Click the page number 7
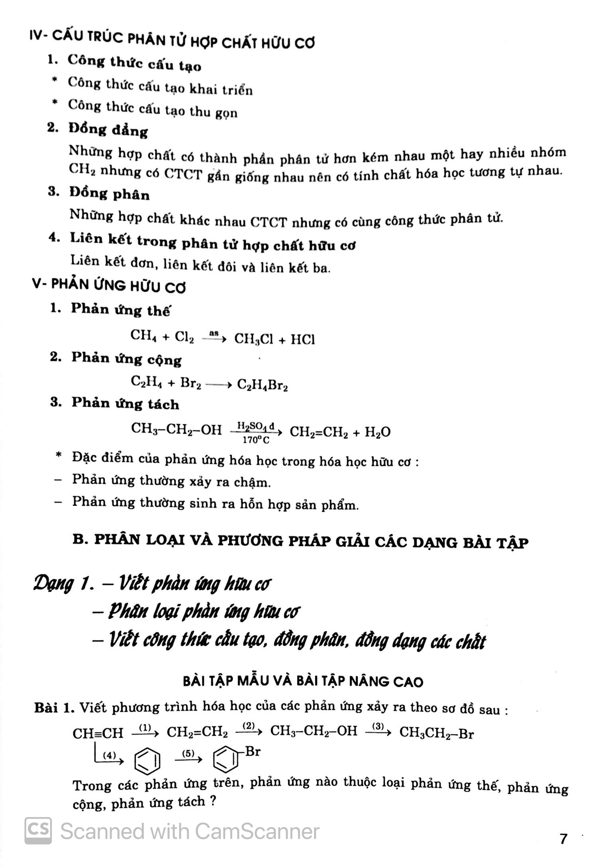pyautogui.click(x=563, y=839)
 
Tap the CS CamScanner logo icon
pyautogui.click(x=38, y=831)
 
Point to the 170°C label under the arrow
pyautogui.click(x=255, y=440)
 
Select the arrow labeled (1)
pyautogui.click(x=145, y=731)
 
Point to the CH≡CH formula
pyautogui.click(x=98, y=733)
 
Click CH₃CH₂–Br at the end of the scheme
pyautogui.click(x=436, y=732)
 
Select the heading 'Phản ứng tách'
pyautogui.click(x=125, y=404)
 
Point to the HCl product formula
pyautogui.click(x=303, y=339)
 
